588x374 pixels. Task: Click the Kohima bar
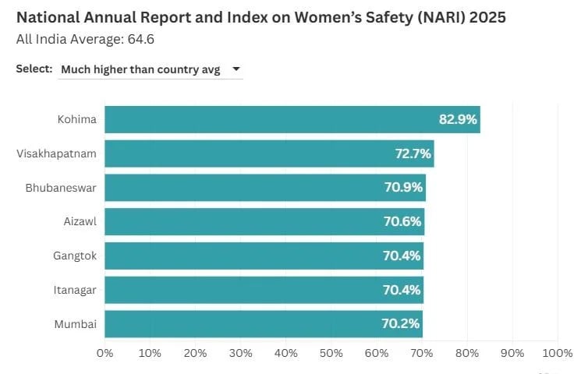coord(292,120)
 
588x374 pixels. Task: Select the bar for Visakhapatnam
coord(269,153)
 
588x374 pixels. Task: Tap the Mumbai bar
coord(264,324)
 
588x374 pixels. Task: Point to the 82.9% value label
coord(458,120)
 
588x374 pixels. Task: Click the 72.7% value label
coord(413,153)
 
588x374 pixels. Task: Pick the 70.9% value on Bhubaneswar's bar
coord(403,188)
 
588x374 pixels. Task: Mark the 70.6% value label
coord(403,222)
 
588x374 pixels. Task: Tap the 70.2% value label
coord(402,324)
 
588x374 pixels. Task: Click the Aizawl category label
coord(80,222)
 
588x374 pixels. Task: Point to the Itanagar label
coord(75,290)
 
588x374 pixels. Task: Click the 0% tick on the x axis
coord(105,353)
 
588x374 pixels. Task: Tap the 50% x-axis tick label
coord(331,353)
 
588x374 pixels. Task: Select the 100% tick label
coord(557,353)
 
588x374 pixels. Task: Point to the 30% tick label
coord(240,353)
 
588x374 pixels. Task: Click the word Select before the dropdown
coord(34,69)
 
